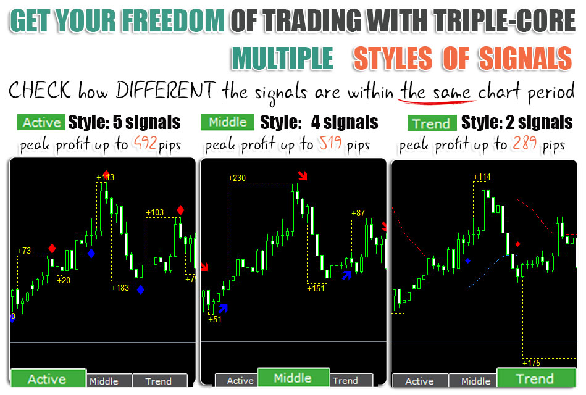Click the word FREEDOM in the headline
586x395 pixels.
[x=173, y=20]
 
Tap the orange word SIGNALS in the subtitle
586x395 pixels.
[x=525, y=58]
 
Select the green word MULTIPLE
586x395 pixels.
[x=282, y=58]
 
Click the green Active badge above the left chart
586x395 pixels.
[x=41, y=122]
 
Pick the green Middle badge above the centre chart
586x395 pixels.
[x=228, y=122]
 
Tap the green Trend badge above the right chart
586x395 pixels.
[x=432, y=123]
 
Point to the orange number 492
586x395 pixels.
[x=145, y=143]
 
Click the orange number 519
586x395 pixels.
[x=330, y=143]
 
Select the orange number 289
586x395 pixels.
[x=525, y=143]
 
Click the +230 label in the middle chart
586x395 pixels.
[x=237, y=178]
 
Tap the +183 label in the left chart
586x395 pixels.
[x=120, y=288]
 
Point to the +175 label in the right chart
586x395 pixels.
[x=532, y=363]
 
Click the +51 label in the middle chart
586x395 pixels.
[x=215, y=319]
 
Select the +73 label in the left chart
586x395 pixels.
[x=24, y=251]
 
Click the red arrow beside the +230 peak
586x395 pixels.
[x=303, y=175]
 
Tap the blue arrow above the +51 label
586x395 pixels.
[x=223, y=309]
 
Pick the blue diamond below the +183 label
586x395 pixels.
[x=141, y=289]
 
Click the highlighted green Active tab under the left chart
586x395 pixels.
[x=48, y=378]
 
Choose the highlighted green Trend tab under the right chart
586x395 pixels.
[x=536, y=378]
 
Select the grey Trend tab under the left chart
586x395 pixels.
[x=159, y=381]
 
